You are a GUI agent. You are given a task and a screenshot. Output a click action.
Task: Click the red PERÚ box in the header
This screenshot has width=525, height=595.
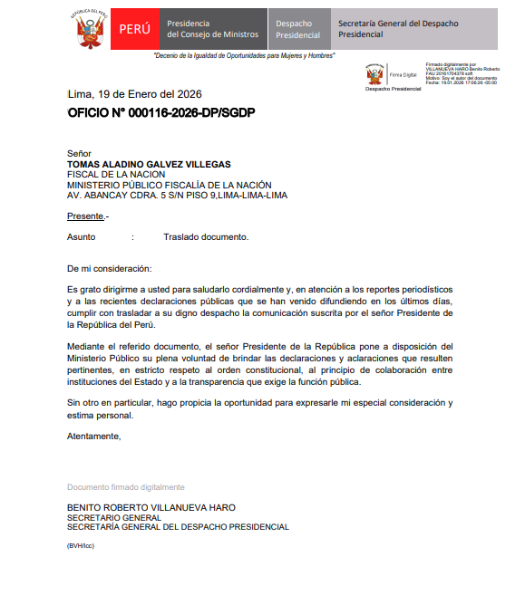pos(136,29)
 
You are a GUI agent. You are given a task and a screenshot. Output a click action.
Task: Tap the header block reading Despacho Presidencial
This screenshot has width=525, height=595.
pos(298,29)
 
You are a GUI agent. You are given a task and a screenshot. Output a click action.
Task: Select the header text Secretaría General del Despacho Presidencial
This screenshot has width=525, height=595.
pos(396,28)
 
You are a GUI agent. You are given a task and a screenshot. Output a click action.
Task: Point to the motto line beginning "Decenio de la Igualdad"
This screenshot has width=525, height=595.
pos(245,55)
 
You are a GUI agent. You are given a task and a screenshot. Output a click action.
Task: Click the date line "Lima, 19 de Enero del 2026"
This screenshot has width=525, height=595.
pos(134,94)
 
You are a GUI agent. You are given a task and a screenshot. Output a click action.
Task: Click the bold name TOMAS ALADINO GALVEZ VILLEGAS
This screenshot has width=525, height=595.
pos(149,164)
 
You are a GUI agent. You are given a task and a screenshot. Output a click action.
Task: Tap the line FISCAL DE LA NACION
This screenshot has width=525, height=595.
pos(116,174)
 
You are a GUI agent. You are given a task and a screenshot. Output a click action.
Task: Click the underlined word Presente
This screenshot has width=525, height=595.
pos(86,216)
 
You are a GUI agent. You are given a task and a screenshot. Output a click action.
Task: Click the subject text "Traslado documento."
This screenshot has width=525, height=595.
pos(206,237)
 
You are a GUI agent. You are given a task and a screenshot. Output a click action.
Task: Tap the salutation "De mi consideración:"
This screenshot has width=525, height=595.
pos(110,268)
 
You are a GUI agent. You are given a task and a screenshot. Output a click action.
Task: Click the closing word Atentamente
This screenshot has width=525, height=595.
pos(93,437)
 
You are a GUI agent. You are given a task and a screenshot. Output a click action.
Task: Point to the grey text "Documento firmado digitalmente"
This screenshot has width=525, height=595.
pos(126,487)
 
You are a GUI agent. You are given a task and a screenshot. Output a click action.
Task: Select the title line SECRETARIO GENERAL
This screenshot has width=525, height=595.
pos(115,517)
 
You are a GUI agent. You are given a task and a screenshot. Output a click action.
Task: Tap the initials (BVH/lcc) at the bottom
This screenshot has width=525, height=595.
pos(81,546)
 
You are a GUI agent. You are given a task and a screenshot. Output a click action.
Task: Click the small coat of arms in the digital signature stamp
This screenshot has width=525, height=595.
pos(374,73)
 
